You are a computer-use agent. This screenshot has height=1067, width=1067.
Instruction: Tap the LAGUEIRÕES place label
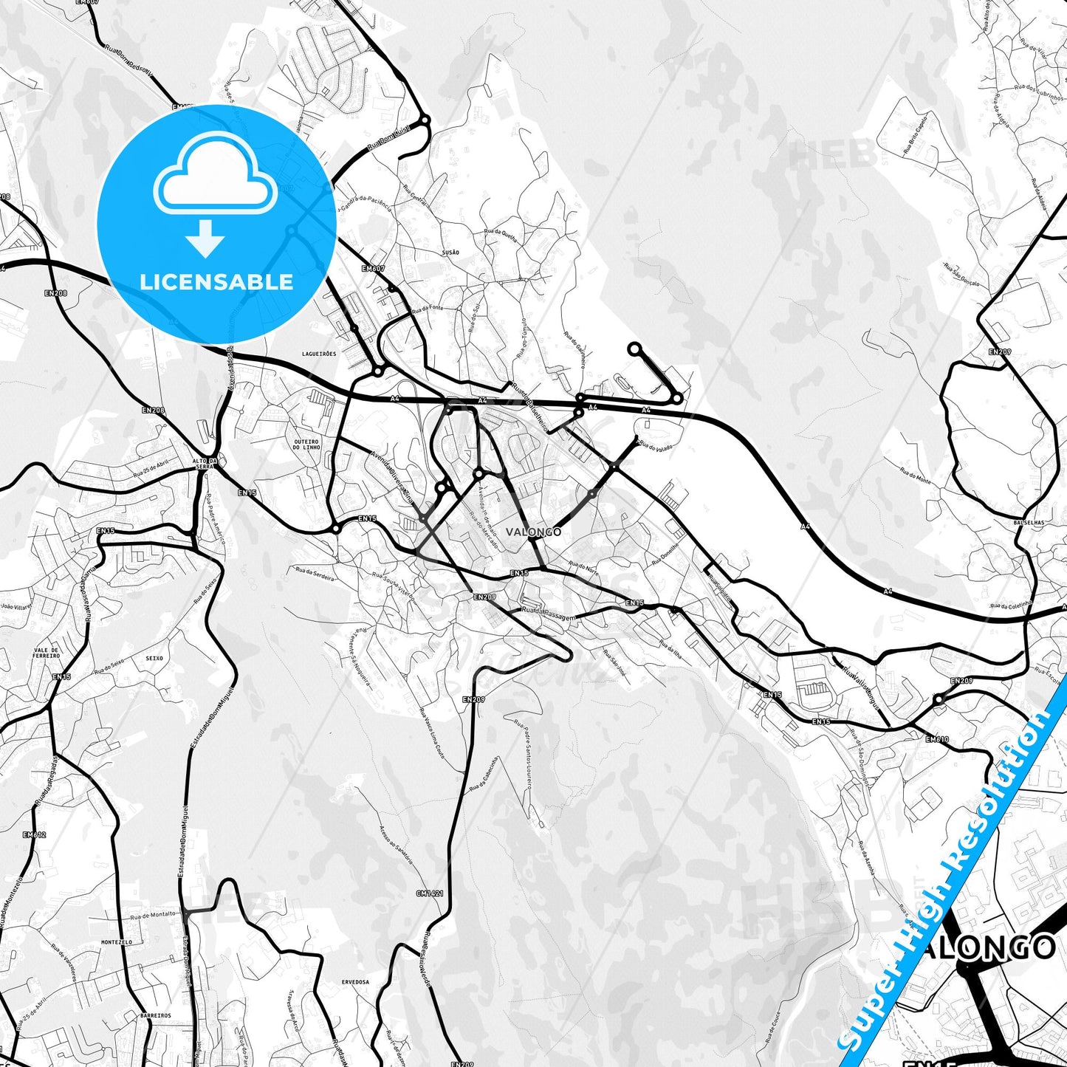point(319,354)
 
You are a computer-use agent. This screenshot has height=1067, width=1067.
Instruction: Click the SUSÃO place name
point(450,253)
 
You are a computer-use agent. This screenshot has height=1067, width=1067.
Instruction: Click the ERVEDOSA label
point(355,982)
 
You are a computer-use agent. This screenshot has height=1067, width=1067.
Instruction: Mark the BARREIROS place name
point(155,1015)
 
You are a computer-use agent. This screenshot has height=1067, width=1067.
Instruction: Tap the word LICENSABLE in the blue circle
point(216,281)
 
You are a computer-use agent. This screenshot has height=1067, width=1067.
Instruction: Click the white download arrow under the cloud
point(205,238)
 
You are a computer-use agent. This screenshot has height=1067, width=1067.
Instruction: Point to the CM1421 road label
point(430,893)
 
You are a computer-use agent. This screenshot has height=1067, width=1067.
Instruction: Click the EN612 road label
point(34,835)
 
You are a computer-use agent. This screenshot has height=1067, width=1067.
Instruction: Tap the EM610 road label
point(936,739)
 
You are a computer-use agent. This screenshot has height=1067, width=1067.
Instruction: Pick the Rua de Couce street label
point(772,1027)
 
